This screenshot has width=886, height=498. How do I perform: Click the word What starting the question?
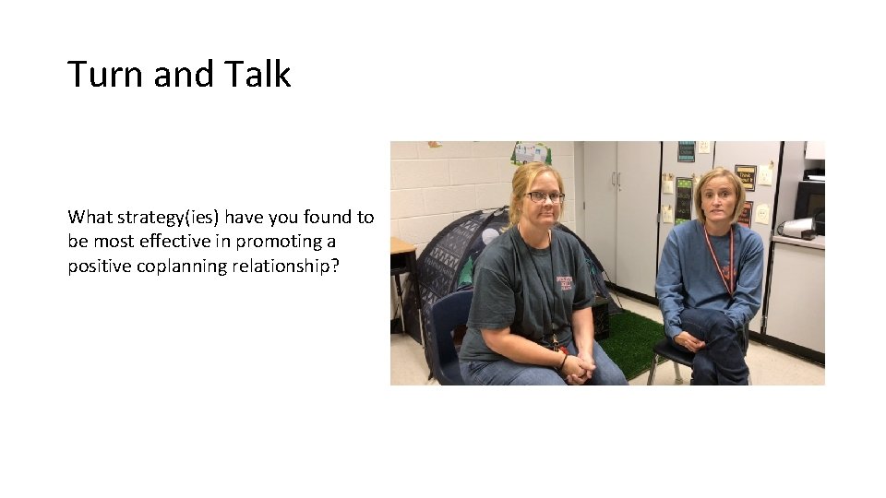coord(89,218)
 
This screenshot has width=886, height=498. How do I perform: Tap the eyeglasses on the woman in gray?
coord(545,196)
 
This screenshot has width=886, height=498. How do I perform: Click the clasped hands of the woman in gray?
coord(578,367)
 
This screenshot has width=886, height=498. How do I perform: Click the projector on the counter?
coord(796,227)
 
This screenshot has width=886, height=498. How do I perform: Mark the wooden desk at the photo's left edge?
coord(402,249)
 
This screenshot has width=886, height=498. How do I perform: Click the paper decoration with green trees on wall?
coord(531,152)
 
